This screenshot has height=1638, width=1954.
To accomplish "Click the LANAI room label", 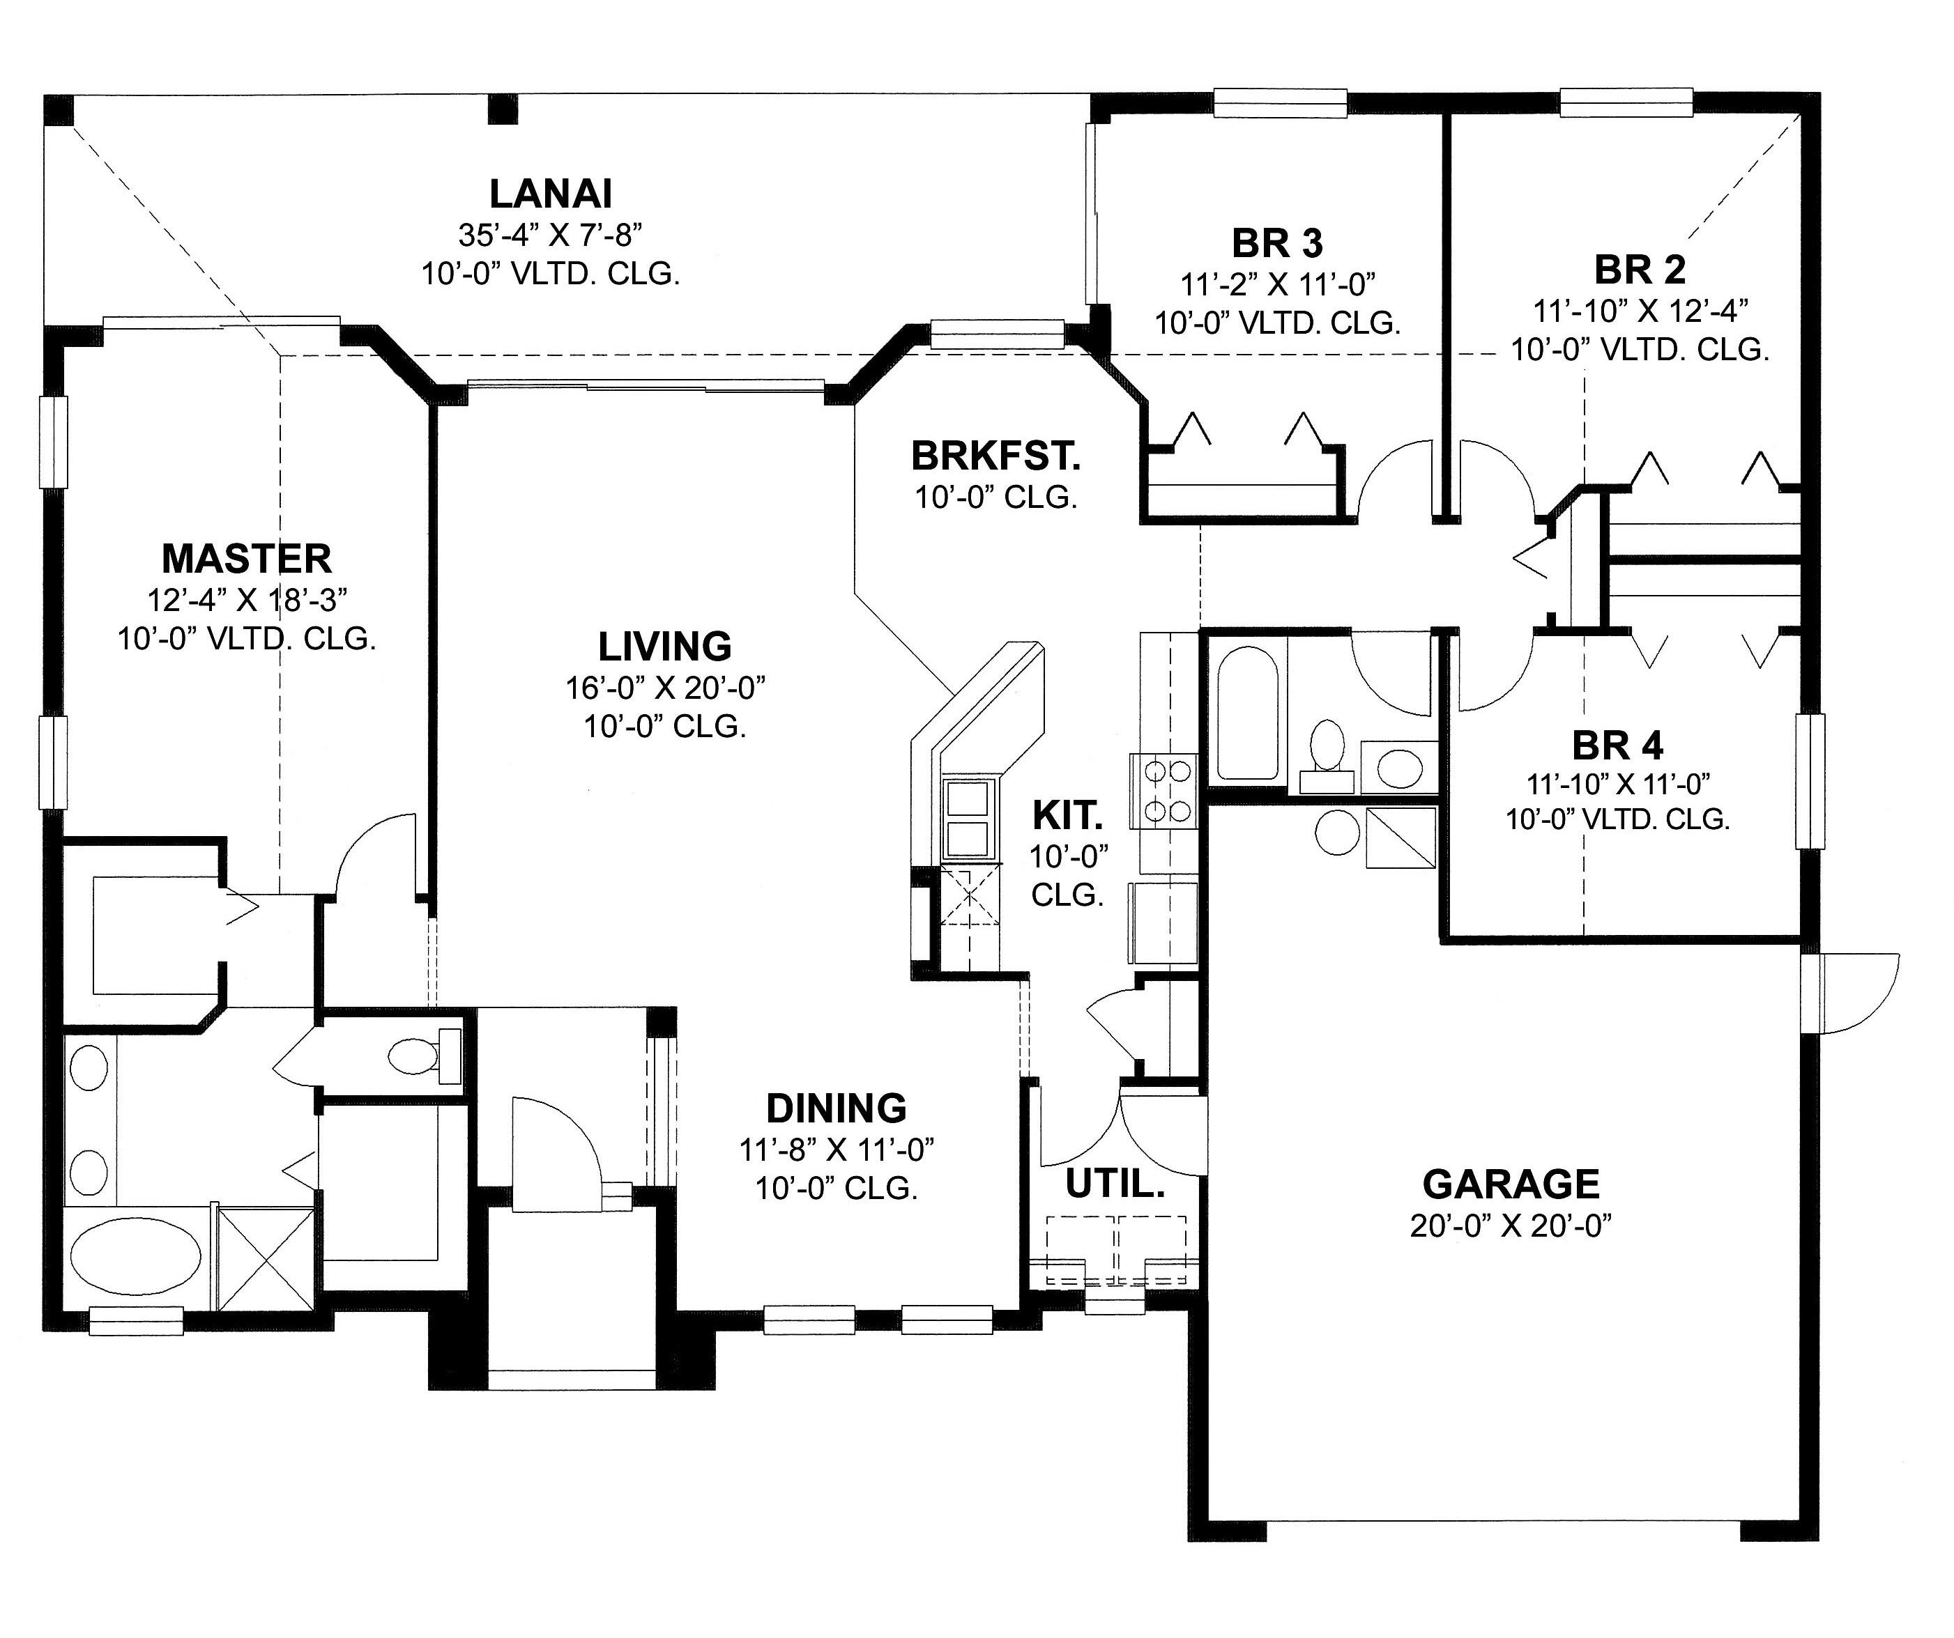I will click(x=550, y=194).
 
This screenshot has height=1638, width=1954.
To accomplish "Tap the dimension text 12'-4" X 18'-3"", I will click(x=247, y=600).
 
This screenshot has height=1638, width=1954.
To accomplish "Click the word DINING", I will click(x=836, y=1108).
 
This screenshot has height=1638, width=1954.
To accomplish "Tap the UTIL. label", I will click(x=1114, y=1184).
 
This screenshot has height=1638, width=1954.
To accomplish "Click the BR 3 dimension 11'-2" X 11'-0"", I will click(x=1278, y=283).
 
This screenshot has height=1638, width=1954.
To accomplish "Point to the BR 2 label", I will click(x=1640, y=270).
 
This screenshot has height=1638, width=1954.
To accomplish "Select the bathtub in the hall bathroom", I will click(x=1247, y=711).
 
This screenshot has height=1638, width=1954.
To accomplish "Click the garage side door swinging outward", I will click(x=1852, y=994).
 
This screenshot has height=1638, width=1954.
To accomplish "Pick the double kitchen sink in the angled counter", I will click(x=967, y=819).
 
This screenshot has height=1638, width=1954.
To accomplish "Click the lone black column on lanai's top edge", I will click(x=503, y=109).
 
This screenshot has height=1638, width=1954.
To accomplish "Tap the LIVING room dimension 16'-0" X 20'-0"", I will click(x=664, y=688).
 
